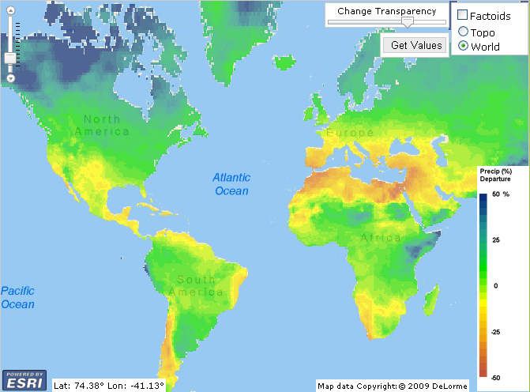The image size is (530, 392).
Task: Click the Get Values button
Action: [417, 45]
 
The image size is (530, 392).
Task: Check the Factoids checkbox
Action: [462, 16]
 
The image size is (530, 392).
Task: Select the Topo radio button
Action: [462, 32]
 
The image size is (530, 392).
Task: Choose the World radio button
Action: [462, 47]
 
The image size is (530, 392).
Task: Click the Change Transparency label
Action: [386, 11]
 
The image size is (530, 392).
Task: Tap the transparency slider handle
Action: [407, 22]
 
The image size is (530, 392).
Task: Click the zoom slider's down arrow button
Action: [10, 78]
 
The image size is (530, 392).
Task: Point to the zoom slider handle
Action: [10, 58]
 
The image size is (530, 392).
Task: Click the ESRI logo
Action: [25, 379]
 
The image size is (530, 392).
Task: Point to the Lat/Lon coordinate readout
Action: [108, 386]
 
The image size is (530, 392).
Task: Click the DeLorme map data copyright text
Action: [393, 386]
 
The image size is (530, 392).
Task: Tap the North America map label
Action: [102, 126]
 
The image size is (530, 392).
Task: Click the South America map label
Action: [197, 287]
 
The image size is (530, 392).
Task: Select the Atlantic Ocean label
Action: [231, 184]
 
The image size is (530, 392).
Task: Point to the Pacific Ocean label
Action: [17, 298]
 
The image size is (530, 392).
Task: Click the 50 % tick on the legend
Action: [502, 194]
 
